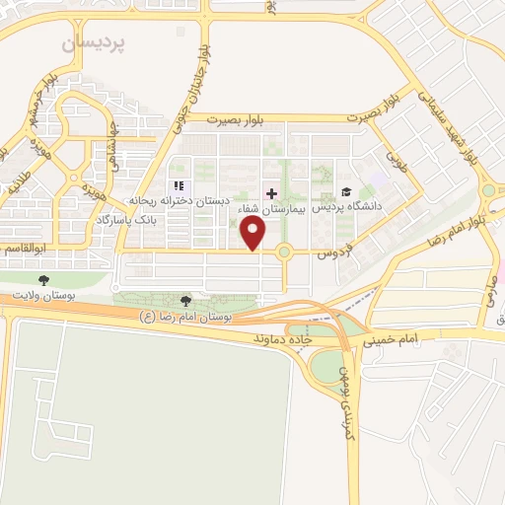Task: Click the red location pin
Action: (254, 233)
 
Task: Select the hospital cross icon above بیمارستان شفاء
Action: (271, 191)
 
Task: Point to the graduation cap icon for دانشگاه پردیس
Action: (345, 191)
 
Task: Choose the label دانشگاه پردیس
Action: (346, 208)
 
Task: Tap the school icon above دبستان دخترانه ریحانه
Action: (179, 185)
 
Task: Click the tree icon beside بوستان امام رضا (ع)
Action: (186, 302)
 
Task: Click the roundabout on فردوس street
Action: (284, 252)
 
